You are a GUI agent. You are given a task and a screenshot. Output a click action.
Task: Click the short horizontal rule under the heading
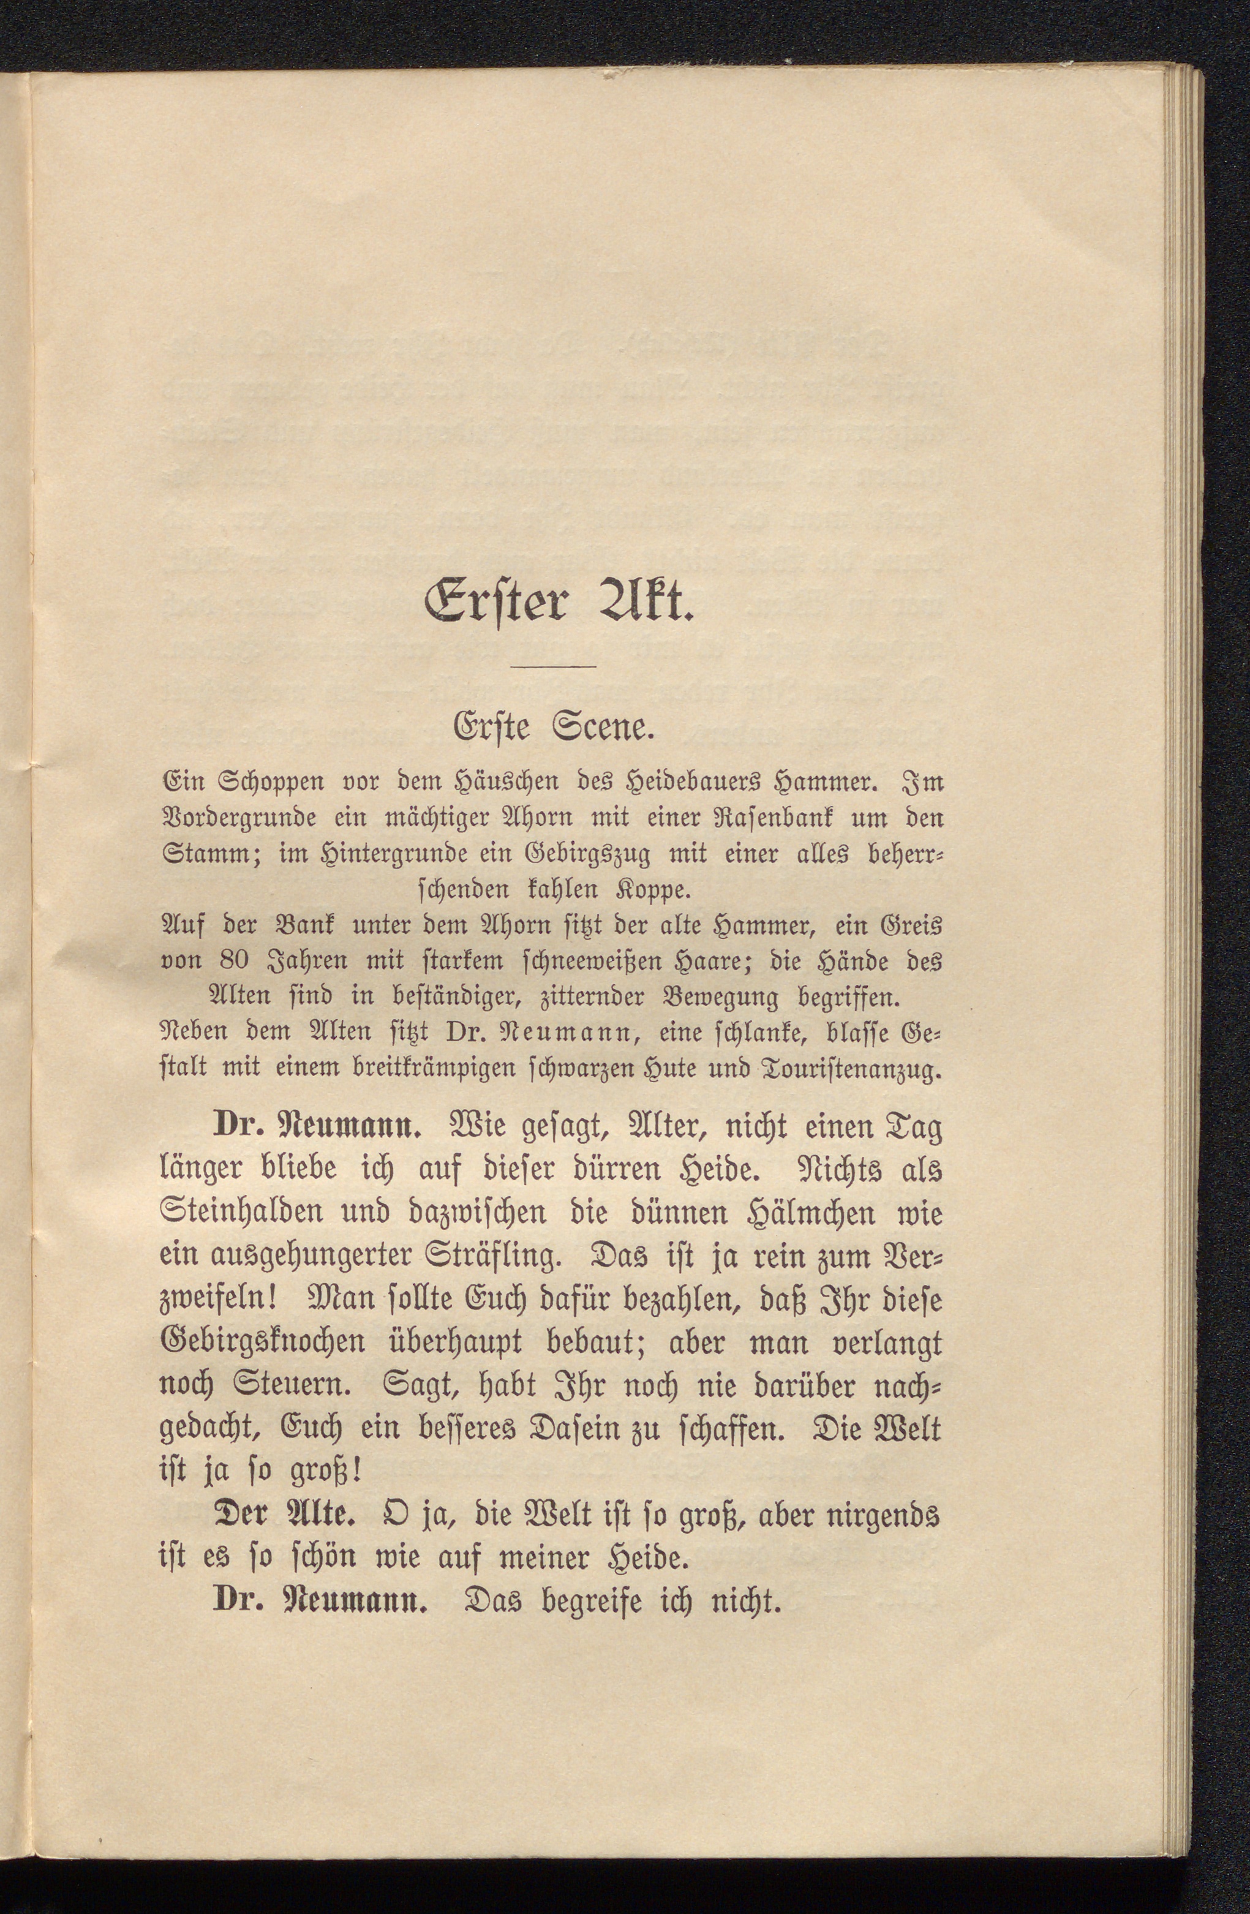[x=554, y=666]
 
